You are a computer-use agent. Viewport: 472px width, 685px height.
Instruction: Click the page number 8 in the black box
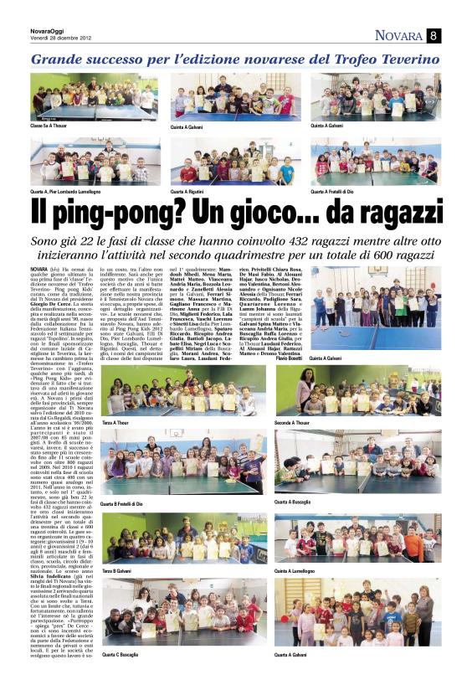click(x=434, y=35)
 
